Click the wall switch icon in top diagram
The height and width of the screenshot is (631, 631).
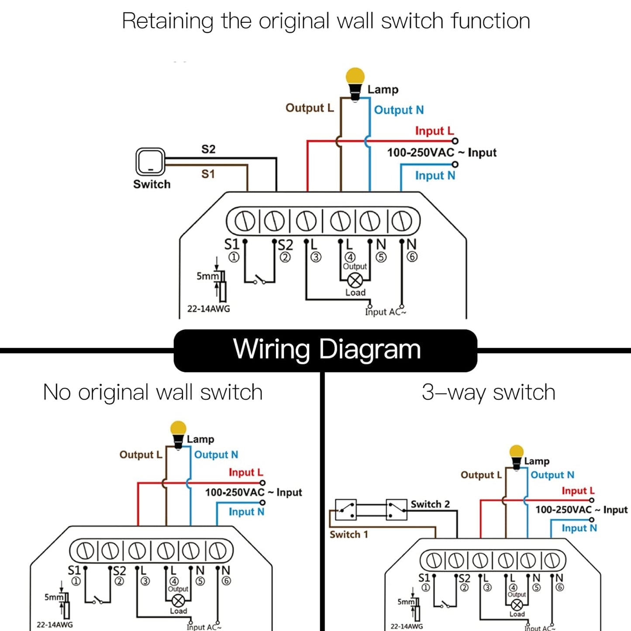pos(150,162)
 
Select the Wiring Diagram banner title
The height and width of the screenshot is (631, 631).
pos(327,349)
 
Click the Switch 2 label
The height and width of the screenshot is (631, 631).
pos(430,504)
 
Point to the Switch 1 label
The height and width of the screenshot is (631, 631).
pos(348,534)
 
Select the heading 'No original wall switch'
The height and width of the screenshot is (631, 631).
pos(152,392)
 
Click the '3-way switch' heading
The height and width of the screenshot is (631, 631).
pos(488,392)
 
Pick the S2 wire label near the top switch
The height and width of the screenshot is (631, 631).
pos(208,149)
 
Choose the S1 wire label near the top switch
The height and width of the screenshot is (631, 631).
pos(208,174)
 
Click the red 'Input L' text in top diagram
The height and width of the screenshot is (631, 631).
pos(434,131)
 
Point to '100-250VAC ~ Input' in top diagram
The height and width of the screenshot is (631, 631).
pos(441,153)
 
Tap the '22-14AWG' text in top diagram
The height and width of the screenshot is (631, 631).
pos(208,309)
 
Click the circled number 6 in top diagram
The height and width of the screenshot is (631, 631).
pos(412,257)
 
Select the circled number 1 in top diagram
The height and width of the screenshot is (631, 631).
pos(234,257)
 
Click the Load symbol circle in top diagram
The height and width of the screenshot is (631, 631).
pos(355,280)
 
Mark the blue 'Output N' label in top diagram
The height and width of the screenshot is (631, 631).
pos(399,110)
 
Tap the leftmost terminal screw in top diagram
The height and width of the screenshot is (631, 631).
pos(244,221)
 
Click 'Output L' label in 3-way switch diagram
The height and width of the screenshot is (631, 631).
pos(481,475)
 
